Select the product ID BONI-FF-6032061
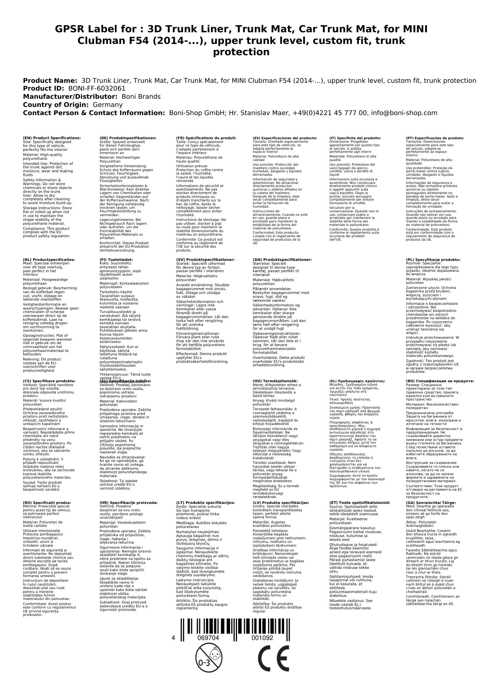click(x=97, y=88)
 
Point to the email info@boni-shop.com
click(x=404, y=113)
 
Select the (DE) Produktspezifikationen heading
click(x=128, y=138)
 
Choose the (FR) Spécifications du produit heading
click(x=206, y=138)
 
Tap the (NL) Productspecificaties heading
click(x=49, y=260)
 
